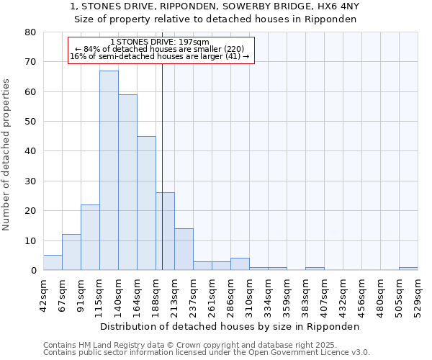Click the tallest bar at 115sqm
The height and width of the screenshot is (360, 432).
pyautogui.click(x=109, y=171)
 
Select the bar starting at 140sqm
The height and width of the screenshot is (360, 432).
pyautogui.click(x=127, y=182)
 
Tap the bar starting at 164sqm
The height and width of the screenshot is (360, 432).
pyautogui.click(x=146, y=203)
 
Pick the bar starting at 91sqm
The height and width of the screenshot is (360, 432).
pyautogui.click(x=90, y=238)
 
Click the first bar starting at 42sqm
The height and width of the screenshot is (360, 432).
pyautogui.click(x=53, y=263)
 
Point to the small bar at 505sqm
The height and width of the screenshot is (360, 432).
pyautogui.click(x=408, y=269)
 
